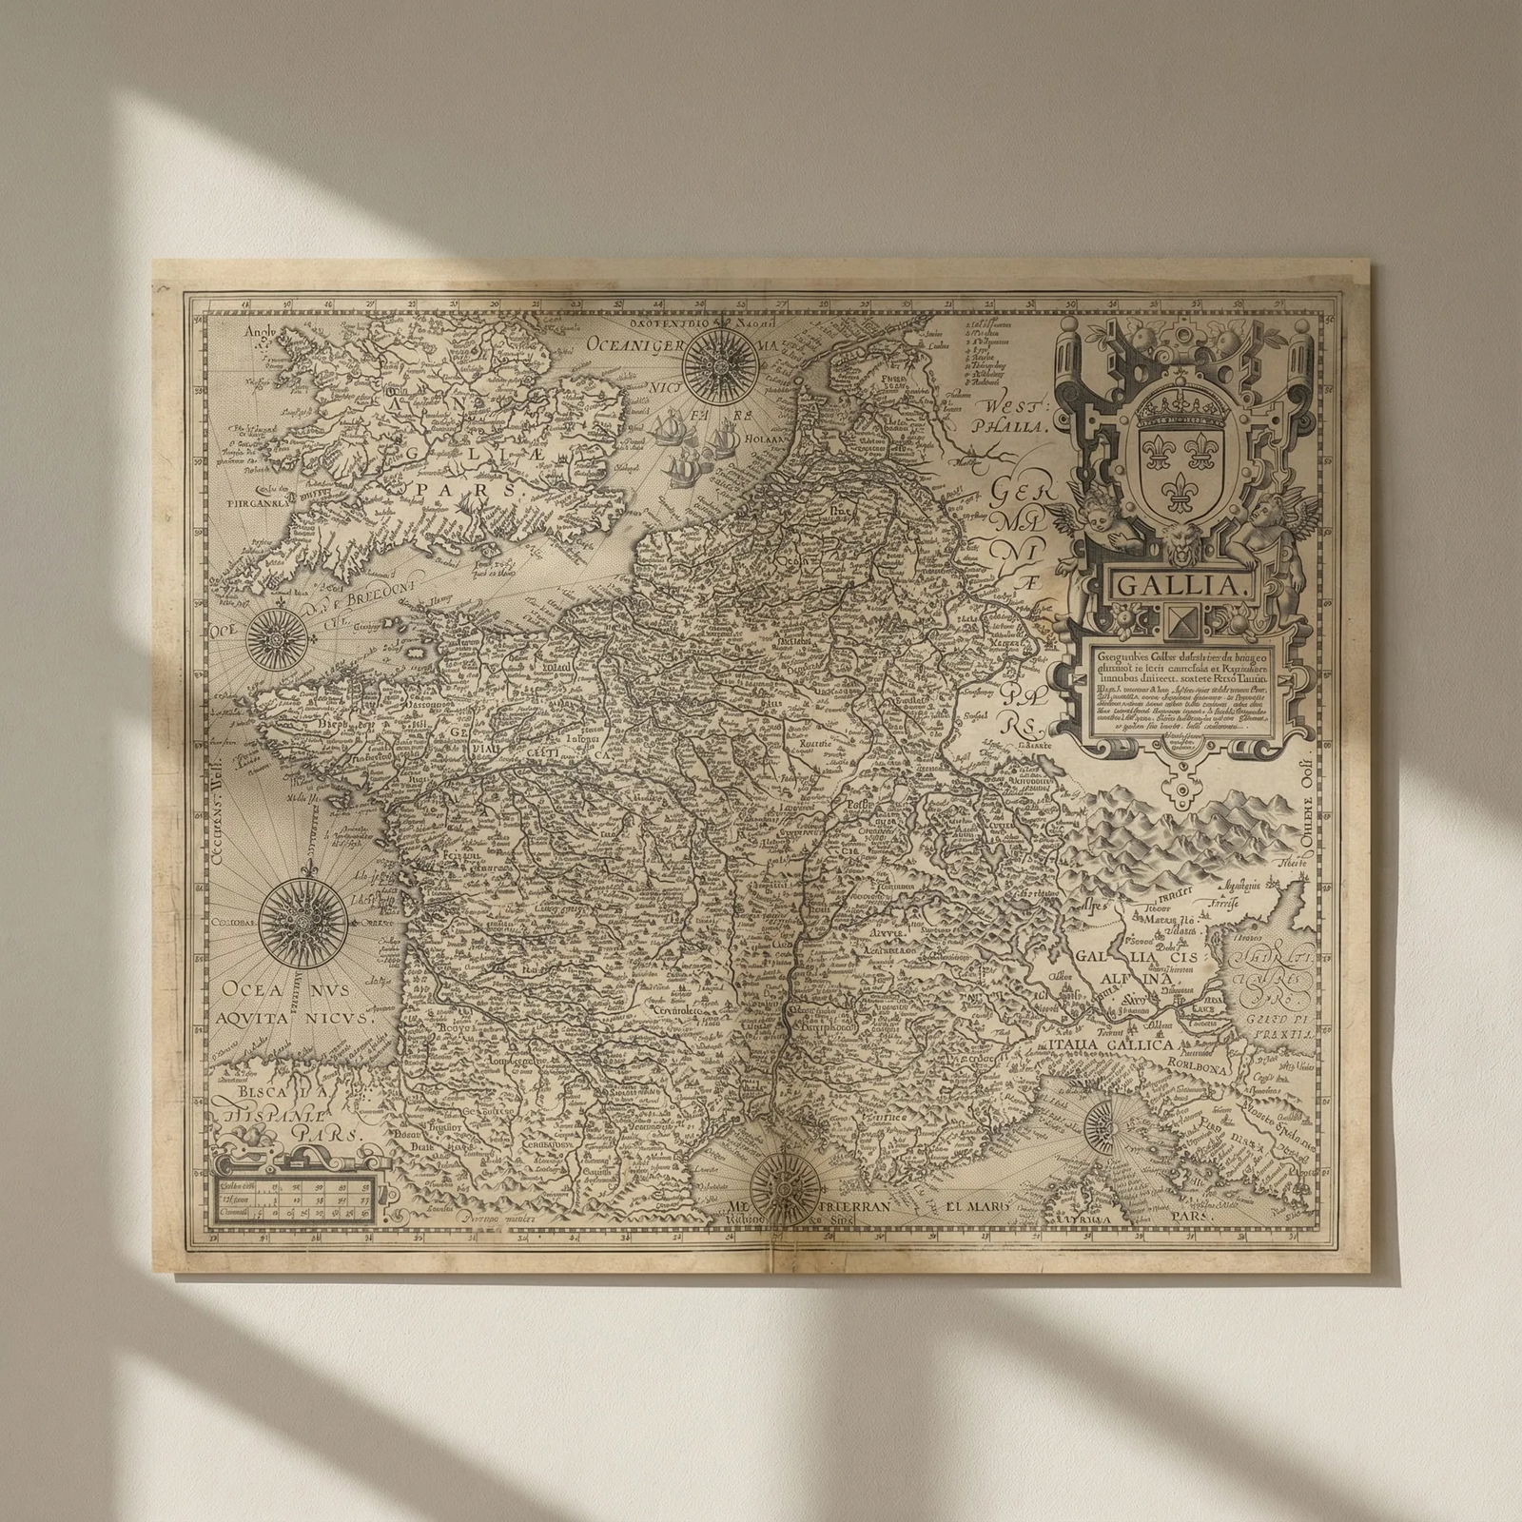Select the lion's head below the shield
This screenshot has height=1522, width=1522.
click(x=1177, y=544)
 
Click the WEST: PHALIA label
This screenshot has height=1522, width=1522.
click(x=1007, y=413)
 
